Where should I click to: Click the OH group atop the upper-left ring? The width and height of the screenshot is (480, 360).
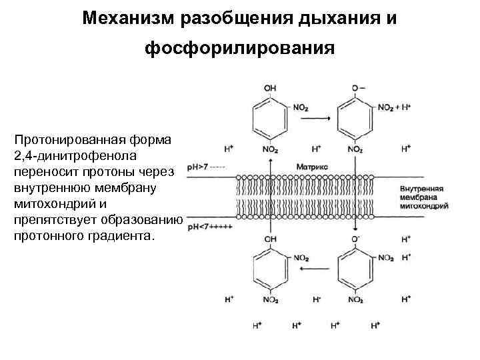click(270, 87)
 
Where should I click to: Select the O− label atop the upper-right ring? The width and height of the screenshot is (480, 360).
click(358, 87)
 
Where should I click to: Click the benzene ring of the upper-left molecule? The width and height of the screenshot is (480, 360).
click(270, 120)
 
